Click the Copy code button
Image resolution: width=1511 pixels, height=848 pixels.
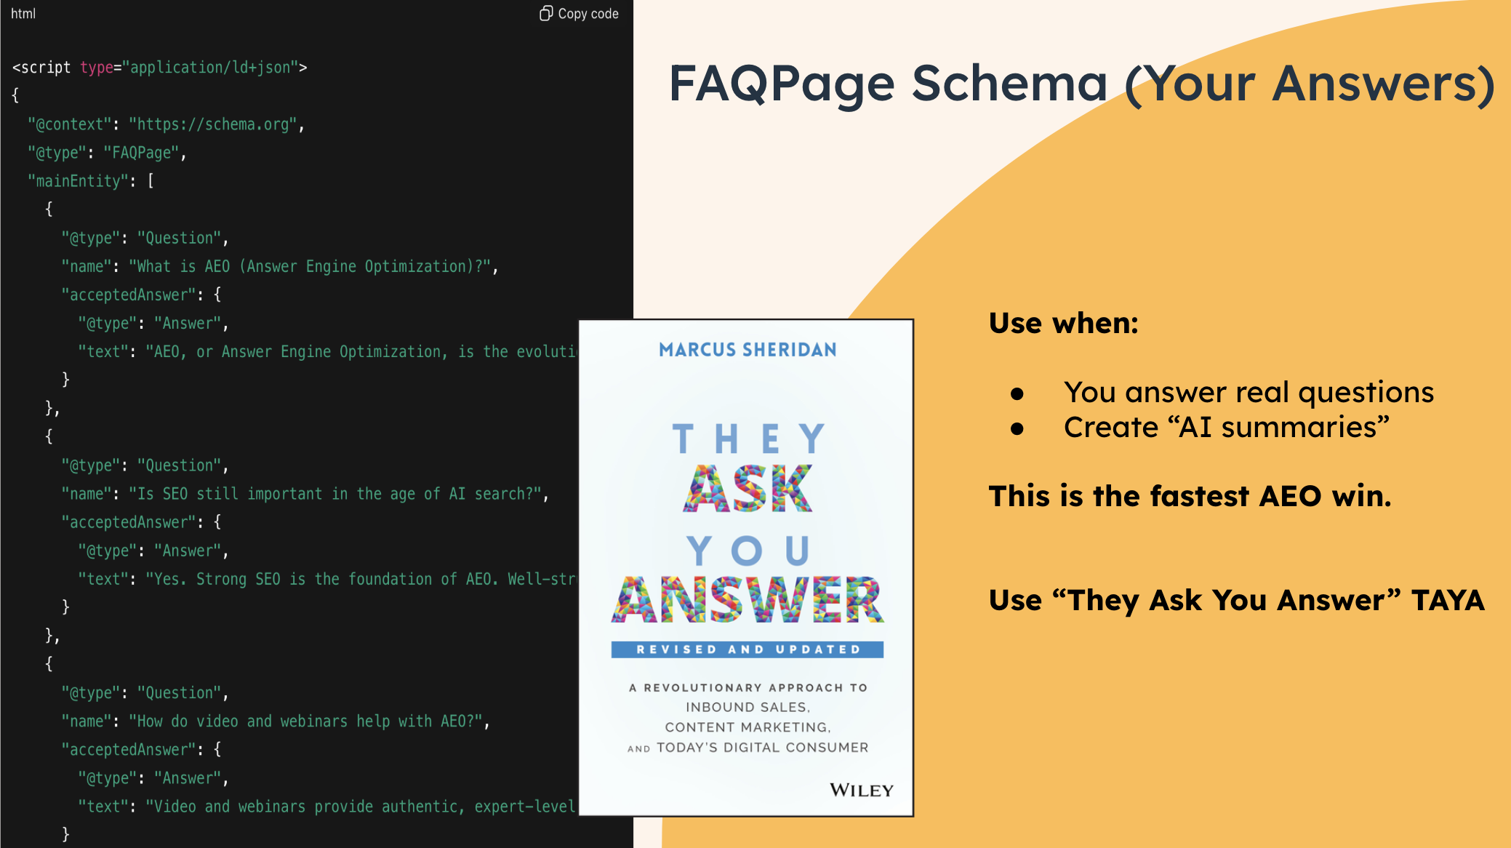[x=579, y=14]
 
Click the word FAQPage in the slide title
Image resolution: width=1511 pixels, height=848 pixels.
[x=782, y=84]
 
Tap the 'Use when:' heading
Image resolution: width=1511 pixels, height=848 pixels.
[x=1063, y=323]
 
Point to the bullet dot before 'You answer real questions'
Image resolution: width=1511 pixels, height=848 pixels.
[x=1017, y=394]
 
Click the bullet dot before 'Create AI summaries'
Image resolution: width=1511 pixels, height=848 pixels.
[x=1017, y=429]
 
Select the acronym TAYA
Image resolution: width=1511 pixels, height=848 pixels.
[x=1448, y=601]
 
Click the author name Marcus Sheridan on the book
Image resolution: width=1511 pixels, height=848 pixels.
[x=748, y=350]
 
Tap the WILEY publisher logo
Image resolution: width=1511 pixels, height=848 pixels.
[x=862, y=790]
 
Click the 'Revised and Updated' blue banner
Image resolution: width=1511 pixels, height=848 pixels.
[x=748, y=649]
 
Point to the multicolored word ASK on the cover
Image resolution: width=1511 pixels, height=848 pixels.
[x=748, y=489]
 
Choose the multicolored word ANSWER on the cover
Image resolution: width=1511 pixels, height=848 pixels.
[x=748, y=600]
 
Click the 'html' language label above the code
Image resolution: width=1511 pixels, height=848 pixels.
[x=23, y=14]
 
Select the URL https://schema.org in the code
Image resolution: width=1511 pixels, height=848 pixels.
[x=213, y=124]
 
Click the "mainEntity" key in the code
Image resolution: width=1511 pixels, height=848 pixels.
[x=79, y=181]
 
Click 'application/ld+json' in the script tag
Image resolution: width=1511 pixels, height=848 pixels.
[x=210, y=68]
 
